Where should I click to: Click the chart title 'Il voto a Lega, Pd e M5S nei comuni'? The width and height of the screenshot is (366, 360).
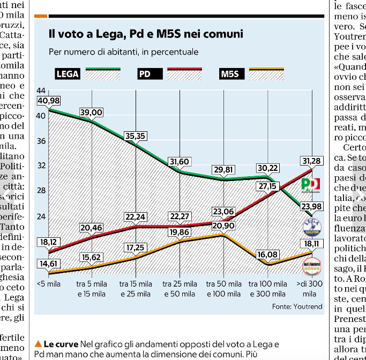click(x=146, y=34)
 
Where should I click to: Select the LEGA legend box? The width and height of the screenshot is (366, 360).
click(x=67, y=74)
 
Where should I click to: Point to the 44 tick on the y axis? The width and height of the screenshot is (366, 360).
click(x=41, y=92)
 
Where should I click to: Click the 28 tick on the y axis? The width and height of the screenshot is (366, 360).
click(x=41, y=190)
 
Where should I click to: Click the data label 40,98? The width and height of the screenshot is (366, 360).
click(x=49, y=101)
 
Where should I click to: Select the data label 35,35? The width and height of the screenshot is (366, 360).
click(x=136, y=136)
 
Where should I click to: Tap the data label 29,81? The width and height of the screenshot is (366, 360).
click(x=223, y=169)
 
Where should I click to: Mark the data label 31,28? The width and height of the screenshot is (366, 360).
click(x=311, y=161)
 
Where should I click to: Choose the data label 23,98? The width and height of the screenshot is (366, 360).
click(x=311, y=207)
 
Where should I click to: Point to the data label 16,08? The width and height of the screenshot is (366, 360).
click(x=267, y=254)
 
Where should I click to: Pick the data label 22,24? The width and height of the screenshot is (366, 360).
click(x=136, y=216)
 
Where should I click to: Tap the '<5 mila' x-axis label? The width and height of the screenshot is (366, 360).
click(x=49, y=284)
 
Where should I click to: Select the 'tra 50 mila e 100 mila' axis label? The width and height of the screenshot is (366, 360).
click(x=223, y=289)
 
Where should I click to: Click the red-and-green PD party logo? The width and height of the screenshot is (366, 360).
click(x=311, y=185)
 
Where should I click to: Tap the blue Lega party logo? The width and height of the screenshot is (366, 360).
click(x=311, y=227)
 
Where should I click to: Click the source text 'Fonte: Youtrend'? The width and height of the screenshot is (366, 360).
click(x=296, y=306)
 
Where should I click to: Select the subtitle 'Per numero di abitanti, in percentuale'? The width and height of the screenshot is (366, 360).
click(x=123, y=52)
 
